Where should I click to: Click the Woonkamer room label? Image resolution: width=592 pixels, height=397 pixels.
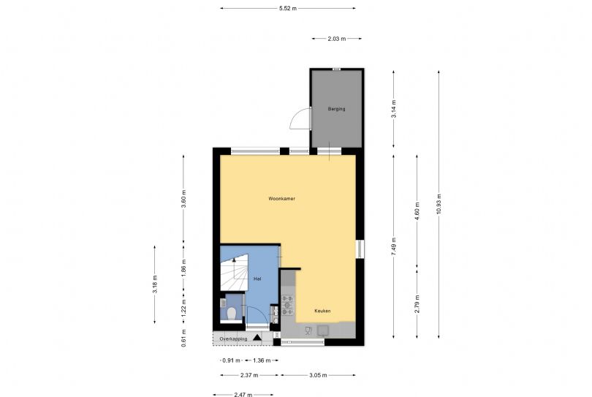click(x=281, y=198)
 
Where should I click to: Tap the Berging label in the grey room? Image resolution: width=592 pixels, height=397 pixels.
click(x=336, y=109)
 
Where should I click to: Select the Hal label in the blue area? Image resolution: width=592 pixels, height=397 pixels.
click(x=257, y=279)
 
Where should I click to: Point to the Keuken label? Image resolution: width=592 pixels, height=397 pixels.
click(x=322, y=311)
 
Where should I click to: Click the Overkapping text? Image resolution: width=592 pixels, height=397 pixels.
click(x=233, y=339)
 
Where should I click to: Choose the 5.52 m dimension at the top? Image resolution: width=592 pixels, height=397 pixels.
click(x=288, y=8)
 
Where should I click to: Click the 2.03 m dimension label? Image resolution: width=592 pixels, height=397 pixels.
click(x=337, y=39)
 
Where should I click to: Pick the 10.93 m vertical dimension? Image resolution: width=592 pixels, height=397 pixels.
click(x=439, y=204)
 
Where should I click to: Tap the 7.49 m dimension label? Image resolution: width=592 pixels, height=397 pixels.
click(x=394, y=247)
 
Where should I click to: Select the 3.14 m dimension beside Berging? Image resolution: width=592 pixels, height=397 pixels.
click(x=394, y=109)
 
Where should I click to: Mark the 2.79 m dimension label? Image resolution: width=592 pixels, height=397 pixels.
click(x=417, y=304)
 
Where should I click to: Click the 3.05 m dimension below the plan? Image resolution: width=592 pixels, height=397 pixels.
click(x=318, y=376)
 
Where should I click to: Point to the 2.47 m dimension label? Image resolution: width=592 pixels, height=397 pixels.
click(x=243, y=395)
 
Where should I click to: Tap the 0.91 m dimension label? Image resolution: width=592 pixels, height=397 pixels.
click(x=231, y=360)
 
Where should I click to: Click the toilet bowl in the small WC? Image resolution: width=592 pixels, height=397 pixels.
click(x=232, y=314)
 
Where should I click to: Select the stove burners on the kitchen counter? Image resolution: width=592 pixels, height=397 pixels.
click(x=287, y=305)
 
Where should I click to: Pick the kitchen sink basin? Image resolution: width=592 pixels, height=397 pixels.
click(x=323, y=331)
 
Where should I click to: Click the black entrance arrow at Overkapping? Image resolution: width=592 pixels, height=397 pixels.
click(x=257, y=337)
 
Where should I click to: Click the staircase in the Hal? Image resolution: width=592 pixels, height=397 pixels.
click(x=234, y=272)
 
